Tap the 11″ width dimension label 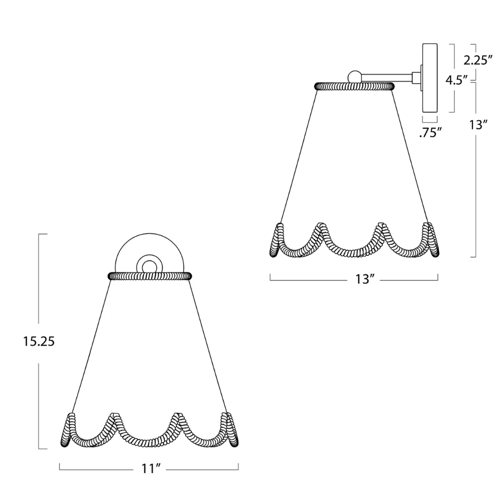click(x=149, y=468)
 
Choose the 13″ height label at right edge click(x=478, y=124)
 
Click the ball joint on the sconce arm click(x=354, y=76)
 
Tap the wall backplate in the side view click(x=430, y=78)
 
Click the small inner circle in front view click(x=149, y=264)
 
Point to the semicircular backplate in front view click(x=149, y=250)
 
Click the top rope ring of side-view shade click(x=354, y=86)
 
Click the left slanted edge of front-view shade click(x=90, y=345)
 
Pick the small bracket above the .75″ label click(x=430, y=120)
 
